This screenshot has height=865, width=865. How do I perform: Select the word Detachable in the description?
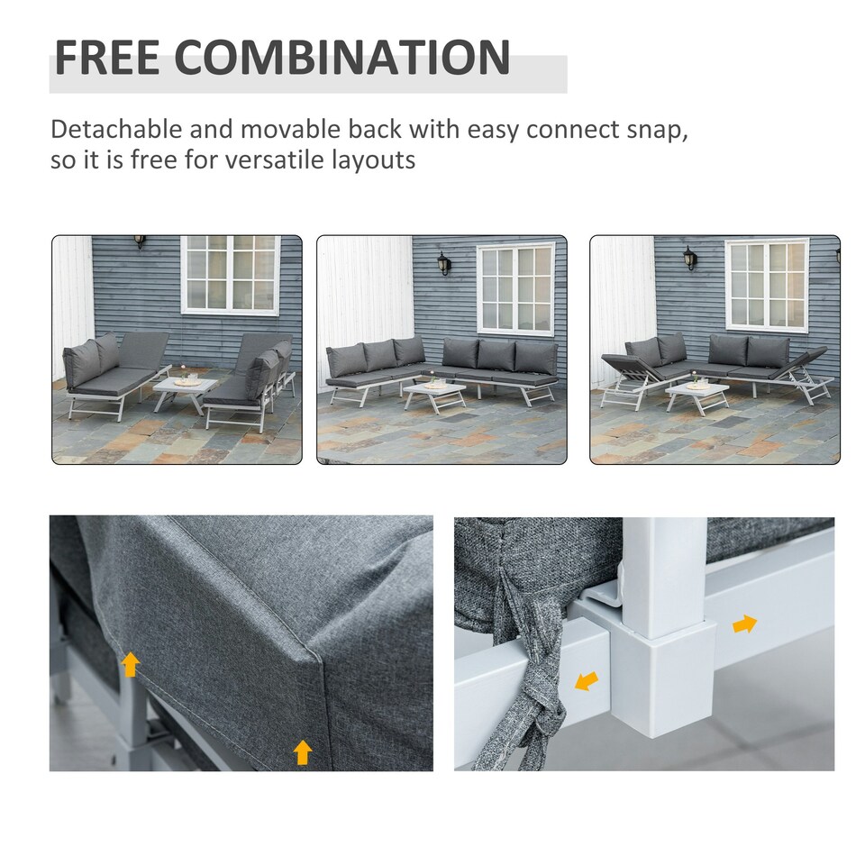(118, 129)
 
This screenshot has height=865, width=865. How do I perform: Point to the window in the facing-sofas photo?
(230, 274)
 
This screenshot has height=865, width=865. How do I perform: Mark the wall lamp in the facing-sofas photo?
(140, 241)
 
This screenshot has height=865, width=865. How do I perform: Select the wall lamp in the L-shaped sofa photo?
(443, 262)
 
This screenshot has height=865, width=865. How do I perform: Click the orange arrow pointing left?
(587, 681)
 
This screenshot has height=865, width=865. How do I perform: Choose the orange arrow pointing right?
(744, 624)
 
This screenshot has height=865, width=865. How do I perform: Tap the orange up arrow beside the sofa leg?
(131, 665)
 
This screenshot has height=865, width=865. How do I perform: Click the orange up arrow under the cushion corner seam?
(303, 751)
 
